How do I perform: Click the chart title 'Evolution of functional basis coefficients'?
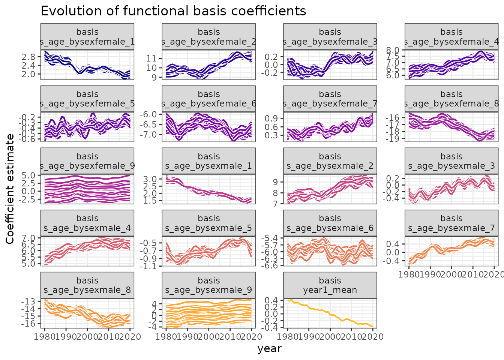click(173, 11)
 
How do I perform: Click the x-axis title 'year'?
click(269, 349)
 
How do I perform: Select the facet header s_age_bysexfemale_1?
click(87, 37)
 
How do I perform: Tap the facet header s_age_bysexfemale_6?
click(208, 99)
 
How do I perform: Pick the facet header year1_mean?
click(330, 285)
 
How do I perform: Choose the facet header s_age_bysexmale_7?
click(451, 223)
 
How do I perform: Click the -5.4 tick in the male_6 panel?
click(270, 238)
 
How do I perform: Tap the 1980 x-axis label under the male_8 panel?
click(45, 337)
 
